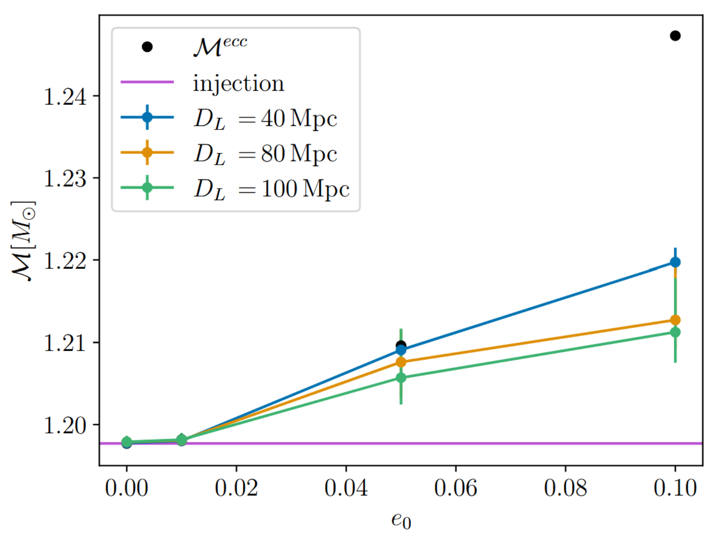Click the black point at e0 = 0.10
coord(675,36)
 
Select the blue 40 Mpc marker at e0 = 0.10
coord(675,262)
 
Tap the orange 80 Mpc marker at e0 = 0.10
coord(675,320)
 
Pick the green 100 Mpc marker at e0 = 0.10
coord(675,332)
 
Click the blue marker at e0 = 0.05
coord(401,350)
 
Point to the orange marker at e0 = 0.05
coord(401,362)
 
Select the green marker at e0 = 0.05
coord(401,378)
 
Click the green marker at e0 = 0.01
coord(181,440)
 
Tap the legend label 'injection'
coord(238,83)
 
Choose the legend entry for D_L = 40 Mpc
coord(265,119)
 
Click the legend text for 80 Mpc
coord(265,154)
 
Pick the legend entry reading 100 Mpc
coord(272,189)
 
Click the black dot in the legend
coord(147,46)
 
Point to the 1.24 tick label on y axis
coord(65,96)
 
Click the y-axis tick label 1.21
coord(65,343)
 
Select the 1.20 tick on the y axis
coord(65,425)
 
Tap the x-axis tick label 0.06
coord(456,488)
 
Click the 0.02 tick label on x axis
coord(236,488)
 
